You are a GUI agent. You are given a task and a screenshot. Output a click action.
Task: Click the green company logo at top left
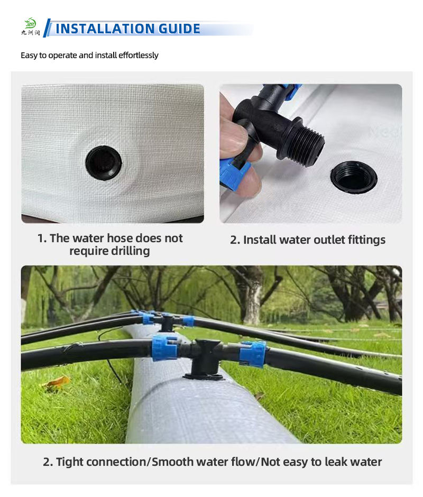coord(31,26)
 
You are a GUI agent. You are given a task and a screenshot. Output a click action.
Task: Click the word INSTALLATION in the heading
coord(105,29)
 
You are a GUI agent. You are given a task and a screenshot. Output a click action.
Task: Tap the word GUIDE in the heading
coord(179,29)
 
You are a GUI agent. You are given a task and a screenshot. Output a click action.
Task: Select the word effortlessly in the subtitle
coord(138,55)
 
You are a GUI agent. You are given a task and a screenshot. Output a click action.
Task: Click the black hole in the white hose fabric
coord(104,163)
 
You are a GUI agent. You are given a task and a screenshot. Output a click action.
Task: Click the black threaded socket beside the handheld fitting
coord(354,177)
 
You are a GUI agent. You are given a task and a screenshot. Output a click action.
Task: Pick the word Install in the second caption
coord(260,240)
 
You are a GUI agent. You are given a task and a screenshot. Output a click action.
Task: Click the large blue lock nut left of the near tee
coord(164,348)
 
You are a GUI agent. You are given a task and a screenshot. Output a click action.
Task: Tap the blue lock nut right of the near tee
coord(252,354)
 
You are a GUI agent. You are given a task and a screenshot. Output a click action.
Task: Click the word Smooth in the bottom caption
coord(172,462)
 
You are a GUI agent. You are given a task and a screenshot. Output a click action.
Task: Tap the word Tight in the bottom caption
coord(69,462)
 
